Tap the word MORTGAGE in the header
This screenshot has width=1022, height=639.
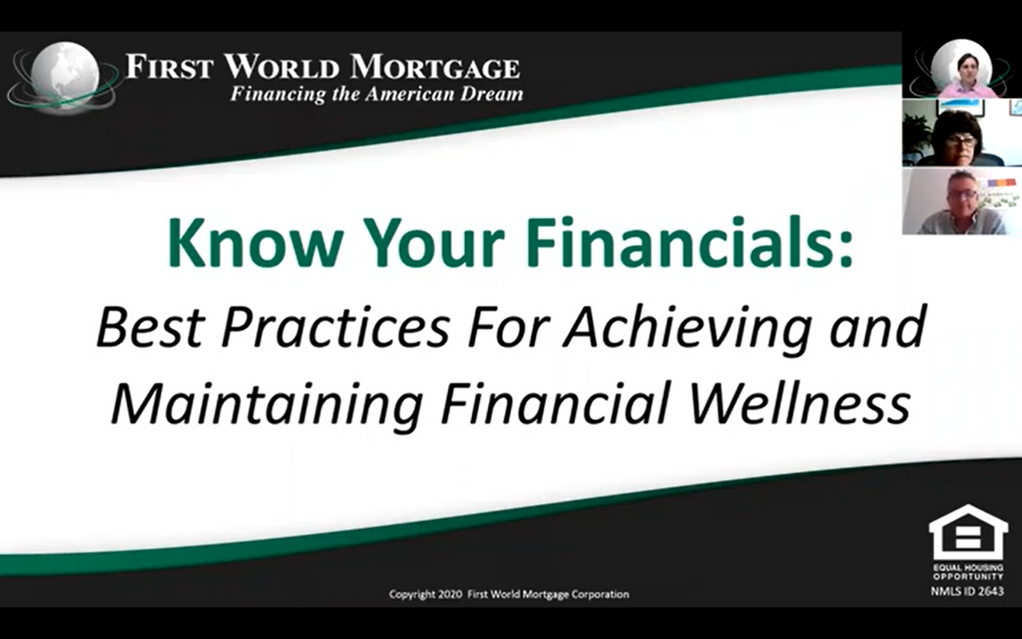[435, 67]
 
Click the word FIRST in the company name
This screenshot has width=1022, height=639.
[169, 67]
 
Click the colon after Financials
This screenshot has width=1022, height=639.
[847, 249]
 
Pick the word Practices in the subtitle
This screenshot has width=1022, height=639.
[336, 327]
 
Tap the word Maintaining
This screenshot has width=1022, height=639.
[267, 405]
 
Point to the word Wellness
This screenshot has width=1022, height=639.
[801, 402]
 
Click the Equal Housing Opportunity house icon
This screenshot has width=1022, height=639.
[968, 532]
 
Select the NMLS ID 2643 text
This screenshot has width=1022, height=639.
[967, 591]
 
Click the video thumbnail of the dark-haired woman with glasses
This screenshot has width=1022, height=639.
[962, 132]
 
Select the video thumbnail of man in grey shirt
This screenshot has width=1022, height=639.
[962, 201]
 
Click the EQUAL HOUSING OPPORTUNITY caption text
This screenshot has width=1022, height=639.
[968, 572]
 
